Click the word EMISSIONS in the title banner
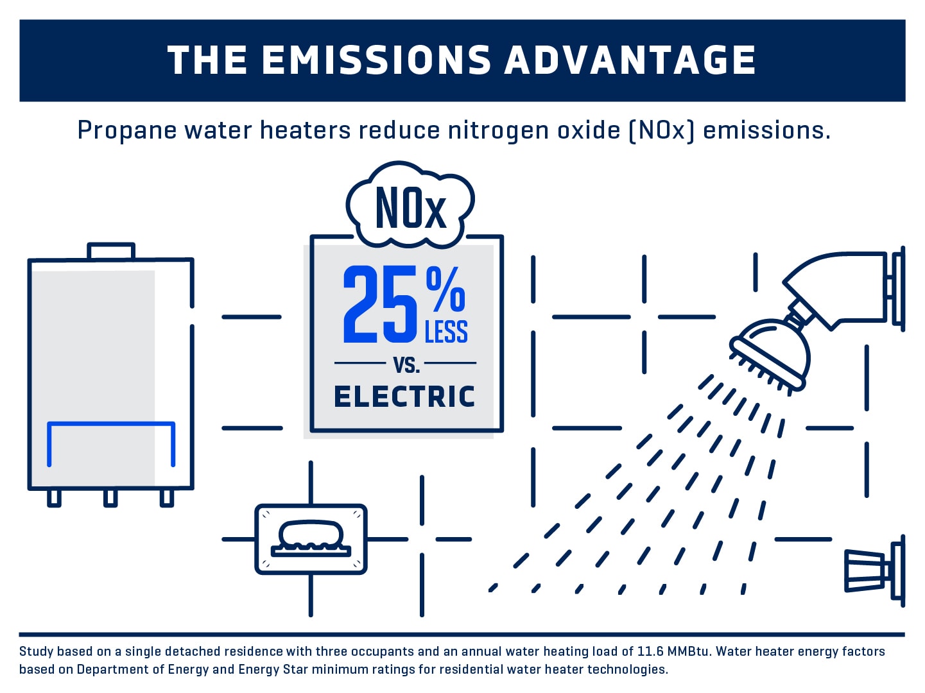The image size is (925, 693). [376, 60]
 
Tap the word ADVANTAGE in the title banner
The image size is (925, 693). [630, 60]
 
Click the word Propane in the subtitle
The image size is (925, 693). [126, 130]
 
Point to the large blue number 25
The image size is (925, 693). [380, 305]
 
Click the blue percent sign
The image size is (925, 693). [445, 289]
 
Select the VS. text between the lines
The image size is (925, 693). [406, 365]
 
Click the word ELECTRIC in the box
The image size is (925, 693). [404, 397]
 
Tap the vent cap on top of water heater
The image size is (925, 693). [111, 251]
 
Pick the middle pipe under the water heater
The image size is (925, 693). [110, 498]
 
